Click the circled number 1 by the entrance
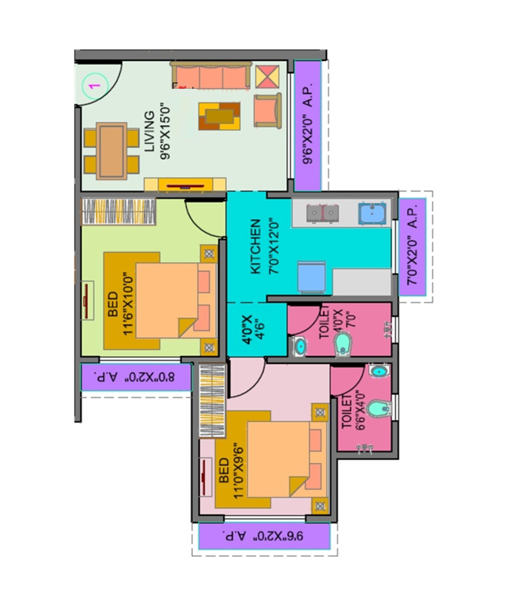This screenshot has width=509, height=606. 95,86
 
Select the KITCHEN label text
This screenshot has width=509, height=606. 256,246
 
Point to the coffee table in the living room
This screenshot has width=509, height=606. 219,116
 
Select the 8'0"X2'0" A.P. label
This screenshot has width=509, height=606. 136,377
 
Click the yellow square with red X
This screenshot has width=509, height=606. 267,77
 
